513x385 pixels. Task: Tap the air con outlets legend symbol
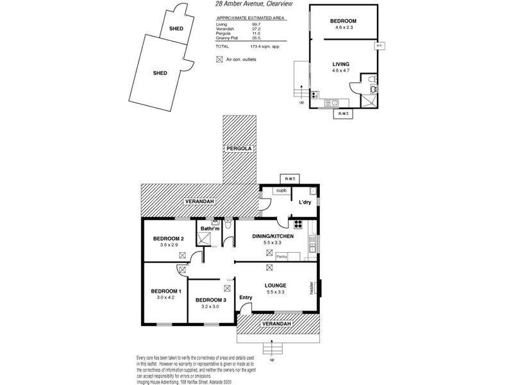point(220,60)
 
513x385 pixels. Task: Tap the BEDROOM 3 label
point(210,300)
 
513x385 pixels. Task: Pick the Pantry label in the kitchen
point(281,257)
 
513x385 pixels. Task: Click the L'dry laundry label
point(304,202)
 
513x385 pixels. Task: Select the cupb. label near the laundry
point(281,191)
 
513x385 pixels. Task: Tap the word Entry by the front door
point(246,298)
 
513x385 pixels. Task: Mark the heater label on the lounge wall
point(311,288)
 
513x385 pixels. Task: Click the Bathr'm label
point(210,228)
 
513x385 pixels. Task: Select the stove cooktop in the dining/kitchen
point(298,225)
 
